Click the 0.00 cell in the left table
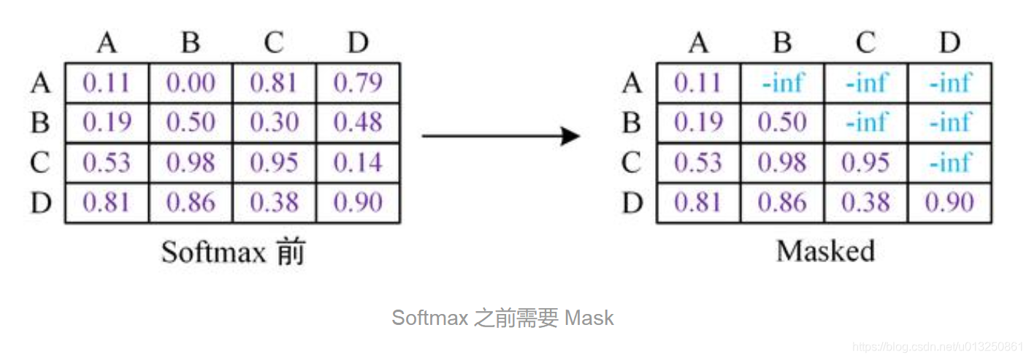pos(191,83)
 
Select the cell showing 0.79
pos(358,83)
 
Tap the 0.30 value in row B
pos(274,123)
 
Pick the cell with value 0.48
pos(358,123)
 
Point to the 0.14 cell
pos(358,163)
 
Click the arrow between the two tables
pos(501,136)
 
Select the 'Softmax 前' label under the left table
pos(233,252)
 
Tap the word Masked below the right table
pos(825,251)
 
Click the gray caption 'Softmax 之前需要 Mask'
pos(502,318)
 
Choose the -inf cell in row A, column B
pos(782,83)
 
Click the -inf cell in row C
pos(949,163)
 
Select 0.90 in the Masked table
pos(949,202)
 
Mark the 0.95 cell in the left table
pos(274,163)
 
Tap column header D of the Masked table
pos(949,44)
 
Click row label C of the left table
pos(41,163)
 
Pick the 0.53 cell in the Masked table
pos(698,163)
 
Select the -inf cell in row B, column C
pos(866,123)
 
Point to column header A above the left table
pos(107,44)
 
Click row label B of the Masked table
pos(632,123)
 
